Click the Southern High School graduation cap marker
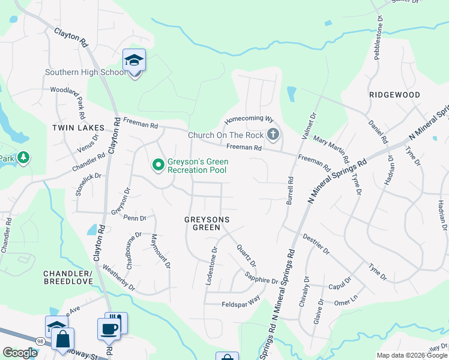[x=134, y=61]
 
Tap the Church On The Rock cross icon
[x=273, y=134]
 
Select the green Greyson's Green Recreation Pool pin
[x=158, y=164]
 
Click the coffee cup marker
[x=109, y=329]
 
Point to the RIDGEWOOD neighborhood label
[x=394, y=95]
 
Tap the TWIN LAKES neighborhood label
[x=78, y=128]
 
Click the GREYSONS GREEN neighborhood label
[x=206, y=224]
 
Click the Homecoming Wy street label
[x=249, y=119]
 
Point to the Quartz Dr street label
[x=246, y=256]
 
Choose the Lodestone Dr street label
[x=211, y=265]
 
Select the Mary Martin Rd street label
[x=331, y=149]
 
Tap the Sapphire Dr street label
[x=261, y=277]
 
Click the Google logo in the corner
[x=20, y=353]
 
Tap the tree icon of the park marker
[x=23, y=158]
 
